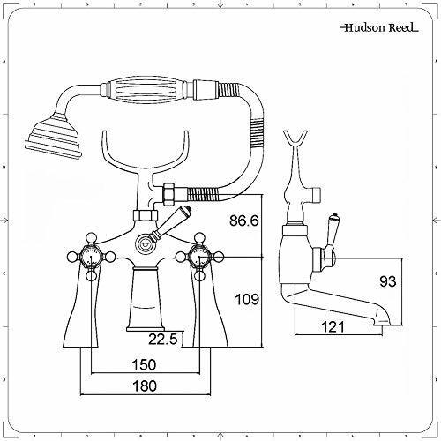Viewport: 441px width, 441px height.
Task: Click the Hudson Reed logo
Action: (x=379, y=28)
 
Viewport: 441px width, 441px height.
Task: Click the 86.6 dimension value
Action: (x=244, y=220)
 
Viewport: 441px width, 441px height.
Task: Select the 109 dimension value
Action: (x=247, y=300)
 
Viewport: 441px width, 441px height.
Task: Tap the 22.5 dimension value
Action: (x=163, y=339)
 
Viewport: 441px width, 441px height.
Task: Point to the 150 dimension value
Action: (x=144, y=365)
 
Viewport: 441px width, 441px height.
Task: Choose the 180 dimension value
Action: (x=144, y=385)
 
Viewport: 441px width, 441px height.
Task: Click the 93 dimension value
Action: (x=388, y=281)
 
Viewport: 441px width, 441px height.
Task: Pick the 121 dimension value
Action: (x=333, y=326)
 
